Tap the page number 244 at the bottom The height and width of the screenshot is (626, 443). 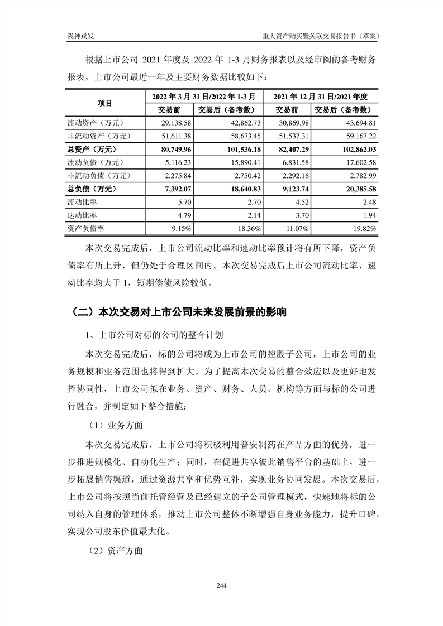[x=221, y=585]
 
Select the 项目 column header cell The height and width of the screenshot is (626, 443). [x=104, y=103]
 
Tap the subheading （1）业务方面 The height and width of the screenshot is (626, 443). [x=116, y=425]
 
